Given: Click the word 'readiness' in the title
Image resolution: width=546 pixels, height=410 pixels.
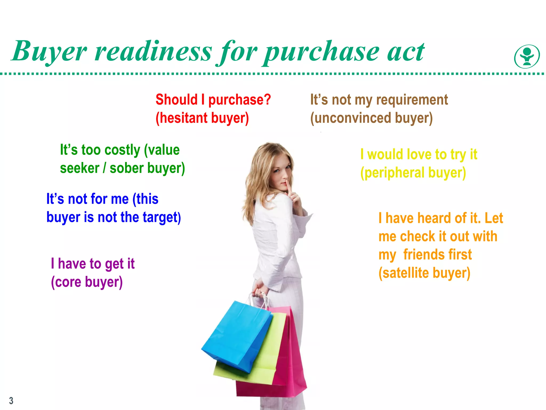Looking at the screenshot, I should coord(154,51).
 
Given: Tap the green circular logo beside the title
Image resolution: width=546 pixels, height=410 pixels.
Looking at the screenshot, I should coord(527,57).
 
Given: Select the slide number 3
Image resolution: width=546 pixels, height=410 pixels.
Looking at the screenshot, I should coord(11,401).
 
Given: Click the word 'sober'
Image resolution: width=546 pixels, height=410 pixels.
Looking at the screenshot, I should coord(127,168).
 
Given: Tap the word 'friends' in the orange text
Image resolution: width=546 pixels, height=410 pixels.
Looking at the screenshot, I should coord(437,255).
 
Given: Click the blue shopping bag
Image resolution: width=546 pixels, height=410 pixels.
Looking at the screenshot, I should coord(235,336).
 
